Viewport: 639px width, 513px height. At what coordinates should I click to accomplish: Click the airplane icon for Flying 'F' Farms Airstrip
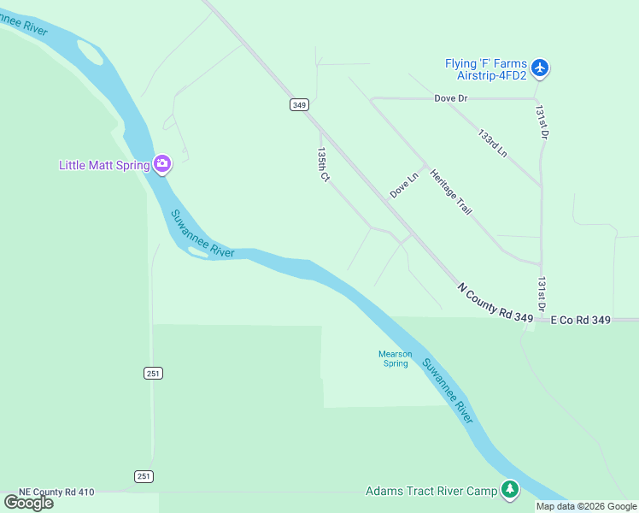539,67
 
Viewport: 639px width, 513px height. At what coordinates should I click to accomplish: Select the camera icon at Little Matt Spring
162,164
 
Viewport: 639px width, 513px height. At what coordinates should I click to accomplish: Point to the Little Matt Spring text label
104,165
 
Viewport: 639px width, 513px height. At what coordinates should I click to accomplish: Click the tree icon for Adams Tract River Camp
510,490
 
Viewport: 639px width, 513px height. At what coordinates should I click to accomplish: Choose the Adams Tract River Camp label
431,491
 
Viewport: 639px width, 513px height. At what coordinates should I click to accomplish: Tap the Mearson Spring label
396,358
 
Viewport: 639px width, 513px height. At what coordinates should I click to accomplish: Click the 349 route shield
298,104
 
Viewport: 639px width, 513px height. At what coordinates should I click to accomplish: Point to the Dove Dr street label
451,98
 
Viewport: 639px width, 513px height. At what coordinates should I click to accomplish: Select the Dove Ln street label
404,186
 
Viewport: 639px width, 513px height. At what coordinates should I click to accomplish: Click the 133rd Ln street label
492,144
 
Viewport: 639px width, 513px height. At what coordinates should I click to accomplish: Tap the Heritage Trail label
451,192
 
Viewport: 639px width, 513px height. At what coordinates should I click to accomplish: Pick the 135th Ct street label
323,164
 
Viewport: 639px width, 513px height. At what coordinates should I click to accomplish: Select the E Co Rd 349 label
580,320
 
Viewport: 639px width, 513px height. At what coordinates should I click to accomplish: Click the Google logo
28,502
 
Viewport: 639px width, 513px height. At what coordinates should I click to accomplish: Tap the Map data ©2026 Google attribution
585,506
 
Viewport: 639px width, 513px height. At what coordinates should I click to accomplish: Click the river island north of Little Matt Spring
90,53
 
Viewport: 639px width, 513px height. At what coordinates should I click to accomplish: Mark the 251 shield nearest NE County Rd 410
144,475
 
